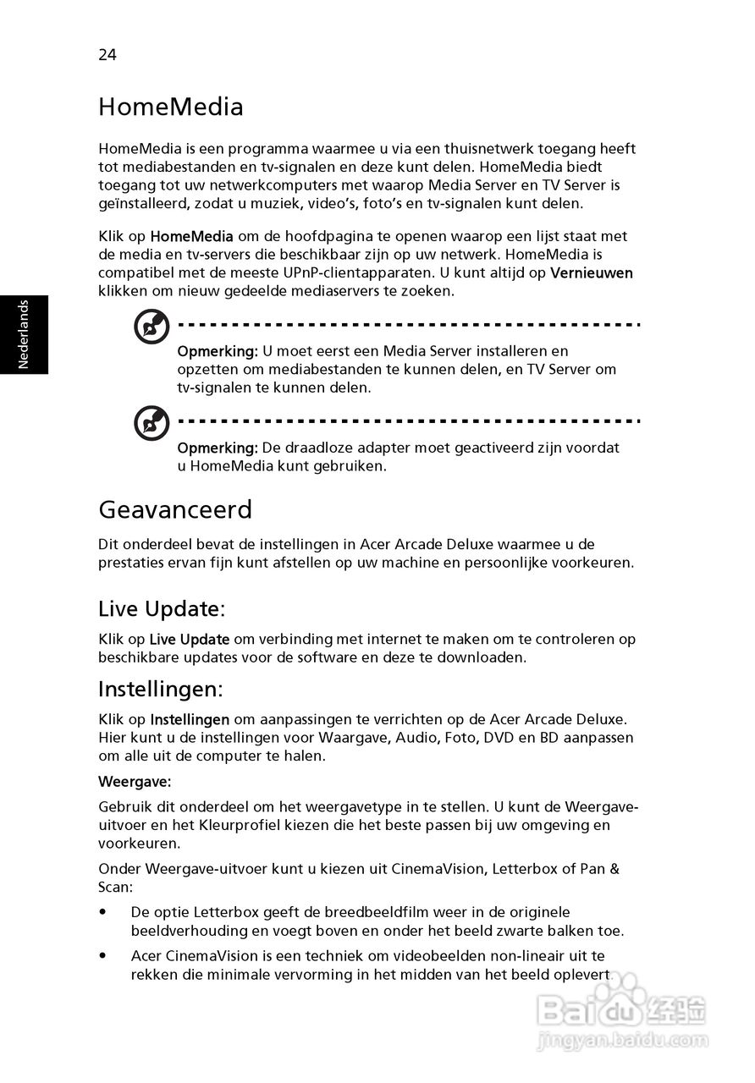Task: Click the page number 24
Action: (107, 55)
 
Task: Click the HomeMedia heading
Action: (171, 107)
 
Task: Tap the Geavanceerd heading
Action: (175, 510)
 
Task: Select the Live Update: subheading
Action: (162, 608)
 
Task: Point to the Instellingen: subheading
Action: (161, 690)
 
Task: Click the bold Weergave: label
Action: (135, 781)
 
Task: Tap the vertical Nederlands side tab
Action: (24, 334)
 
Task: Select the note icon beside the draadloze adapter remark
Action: (152, 423)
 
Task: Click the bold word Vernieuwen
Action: (592, 273)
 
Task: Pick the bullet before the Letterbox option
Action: (103, 913)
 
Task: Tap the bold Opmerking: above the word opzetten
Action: (217, 351)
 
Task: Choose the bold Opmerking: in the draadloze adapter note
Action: (217, 448)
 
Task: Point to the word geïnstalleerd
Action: (141, 204)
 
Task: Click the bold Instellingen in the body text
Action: (190, 720)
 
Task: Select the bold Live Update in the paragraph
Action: (190, 640)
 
